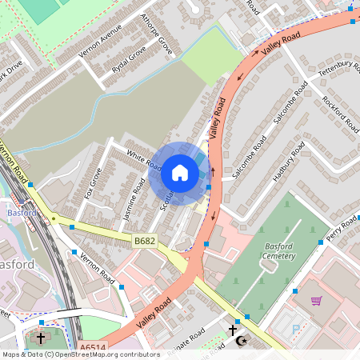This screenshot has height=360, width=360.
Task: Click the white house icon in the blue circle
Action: tap(180, 173)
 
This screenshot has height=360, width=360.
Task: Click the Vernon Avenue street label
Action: tap(99, 40)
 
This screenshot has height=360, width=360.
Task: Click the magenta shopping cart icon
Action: tap(317, 301)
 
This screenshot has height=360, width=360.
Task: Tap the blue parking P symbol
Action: tap(297, 329)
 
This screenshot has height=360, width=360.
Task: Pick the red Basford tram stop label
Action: tap(22, 214)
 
